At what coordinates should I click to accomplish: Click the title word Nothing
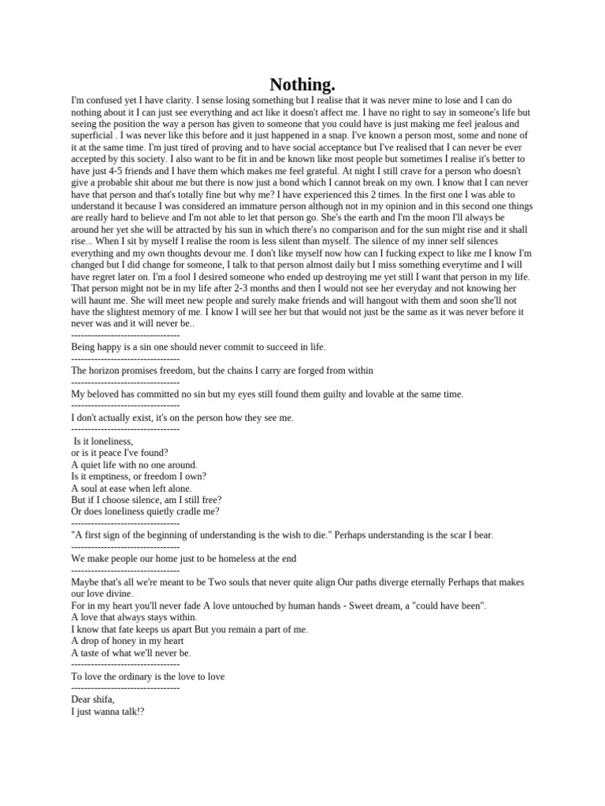[x=302, y=84]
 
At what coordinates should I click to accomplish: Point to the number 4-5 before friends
[x=115, y=171]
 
